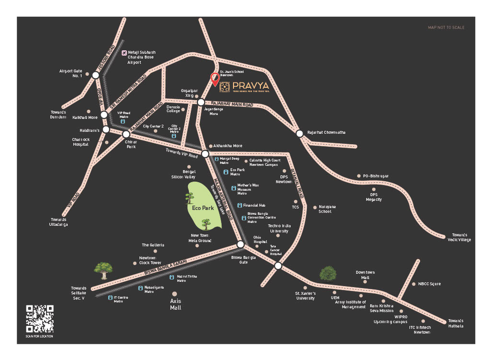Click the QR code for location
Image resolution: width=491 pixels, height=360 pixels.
pyautogui.click(x=40, y=319)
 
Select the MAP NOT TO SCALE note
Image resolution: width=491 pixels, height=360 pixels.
pyautogui.click(x=446, y=28)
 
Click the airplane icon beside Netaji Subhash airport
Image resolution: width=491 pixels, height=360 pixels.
pyautogui.click(x=124, y=52)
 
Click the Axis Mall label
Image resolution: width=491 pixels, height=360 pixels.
pyautogui.click(x=175, y=304)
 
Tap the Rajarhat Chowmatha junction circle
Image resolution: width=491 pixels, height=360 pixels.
pyautogui.click(x=299, y=134)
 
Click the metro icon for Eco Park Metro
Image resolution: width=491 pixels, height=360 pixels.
pyautogui.click(x=226, y=172)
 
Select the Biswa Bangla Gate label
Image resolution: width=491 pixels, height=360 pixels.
pyautogui.click(x=244, y=260)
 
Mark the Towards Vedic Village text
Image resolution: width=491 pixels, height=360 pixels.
pyautogui.click(x=459, y=237)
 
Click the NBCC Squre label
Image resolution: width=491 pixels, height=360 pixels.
pyautogui.click(x=429, y=284)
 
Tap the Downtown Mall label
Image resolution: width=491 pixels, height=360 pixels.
pyautogui.click(x=365, y=275)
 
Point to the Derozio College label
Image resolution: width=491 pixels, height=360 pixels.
pyautogui.click(x=173, y=109)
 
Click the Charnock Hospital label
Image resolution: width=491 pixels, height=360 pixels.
pyautogui.click(x=80, y=142)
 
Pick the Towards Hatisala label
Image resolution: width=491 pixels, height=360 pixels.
pyautogui.click(x=456, y=324)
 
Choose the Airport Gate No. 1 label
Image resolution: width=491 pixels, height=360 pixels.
pyautogui.click(x=70, y=73)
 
